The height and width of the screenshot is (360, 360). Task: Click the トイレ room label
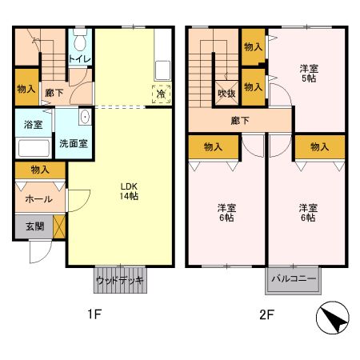pyautogui.click(x=79, y=59)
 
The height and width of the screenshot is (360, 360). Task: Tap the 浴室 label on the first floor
pyautogui.click(x=33, y=125)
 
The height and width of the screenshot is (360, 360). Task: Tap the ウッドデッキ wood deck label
pyautogui.click(x=120, y=281)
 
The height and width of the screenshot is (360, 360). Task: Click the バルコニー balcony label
pyautogui.click(x=292, y=280)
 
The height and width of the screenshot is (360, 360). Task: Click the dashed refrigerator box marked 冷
pyautogui.click(x=161, y=93)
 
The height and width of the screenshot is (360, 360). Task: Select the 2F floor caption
pyautogui.click(x=266, y=314)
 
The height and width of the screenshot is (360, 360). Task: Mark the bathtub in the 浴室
pyautogui.click(x=33, y=148)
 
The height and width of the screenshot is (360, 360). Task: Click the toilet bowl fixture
pyautogui.click(x=79, y=40)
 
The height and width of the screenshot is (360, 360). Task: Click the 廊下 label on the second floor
pyautogui.click(x=240, y=121)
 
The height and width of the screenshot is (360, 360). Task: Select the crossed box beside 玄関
pyautogui.click(x=58, y=226)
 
